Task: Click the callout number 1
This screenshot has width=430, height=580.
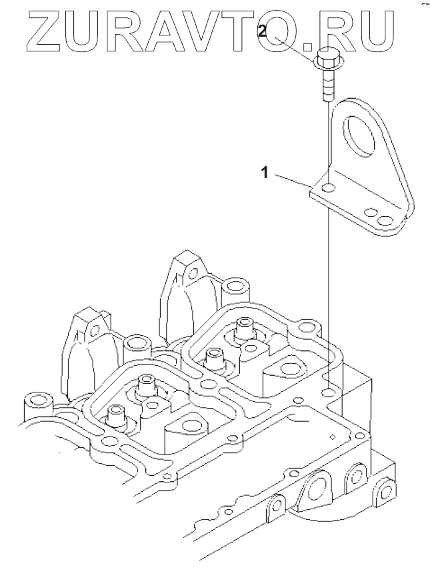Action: (265, 173)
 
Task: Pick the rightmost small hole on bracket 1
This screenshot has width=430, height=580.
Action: (384, 219)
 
